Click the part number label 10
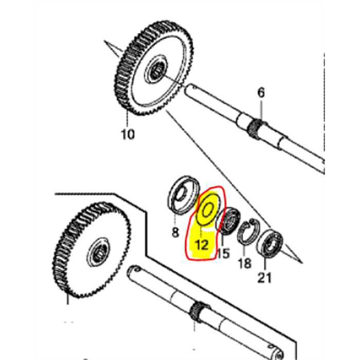[128, 134]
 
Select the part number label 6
[261, 93]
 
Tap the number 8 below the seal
[175, 232]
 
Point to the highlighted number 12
[202, 244]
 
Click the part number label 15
[223, 253]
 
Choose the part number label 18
[245, 263]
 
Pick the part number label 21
[265, 278]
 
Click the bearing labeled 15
[227, 221]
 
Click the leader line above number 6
[261, 109]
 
